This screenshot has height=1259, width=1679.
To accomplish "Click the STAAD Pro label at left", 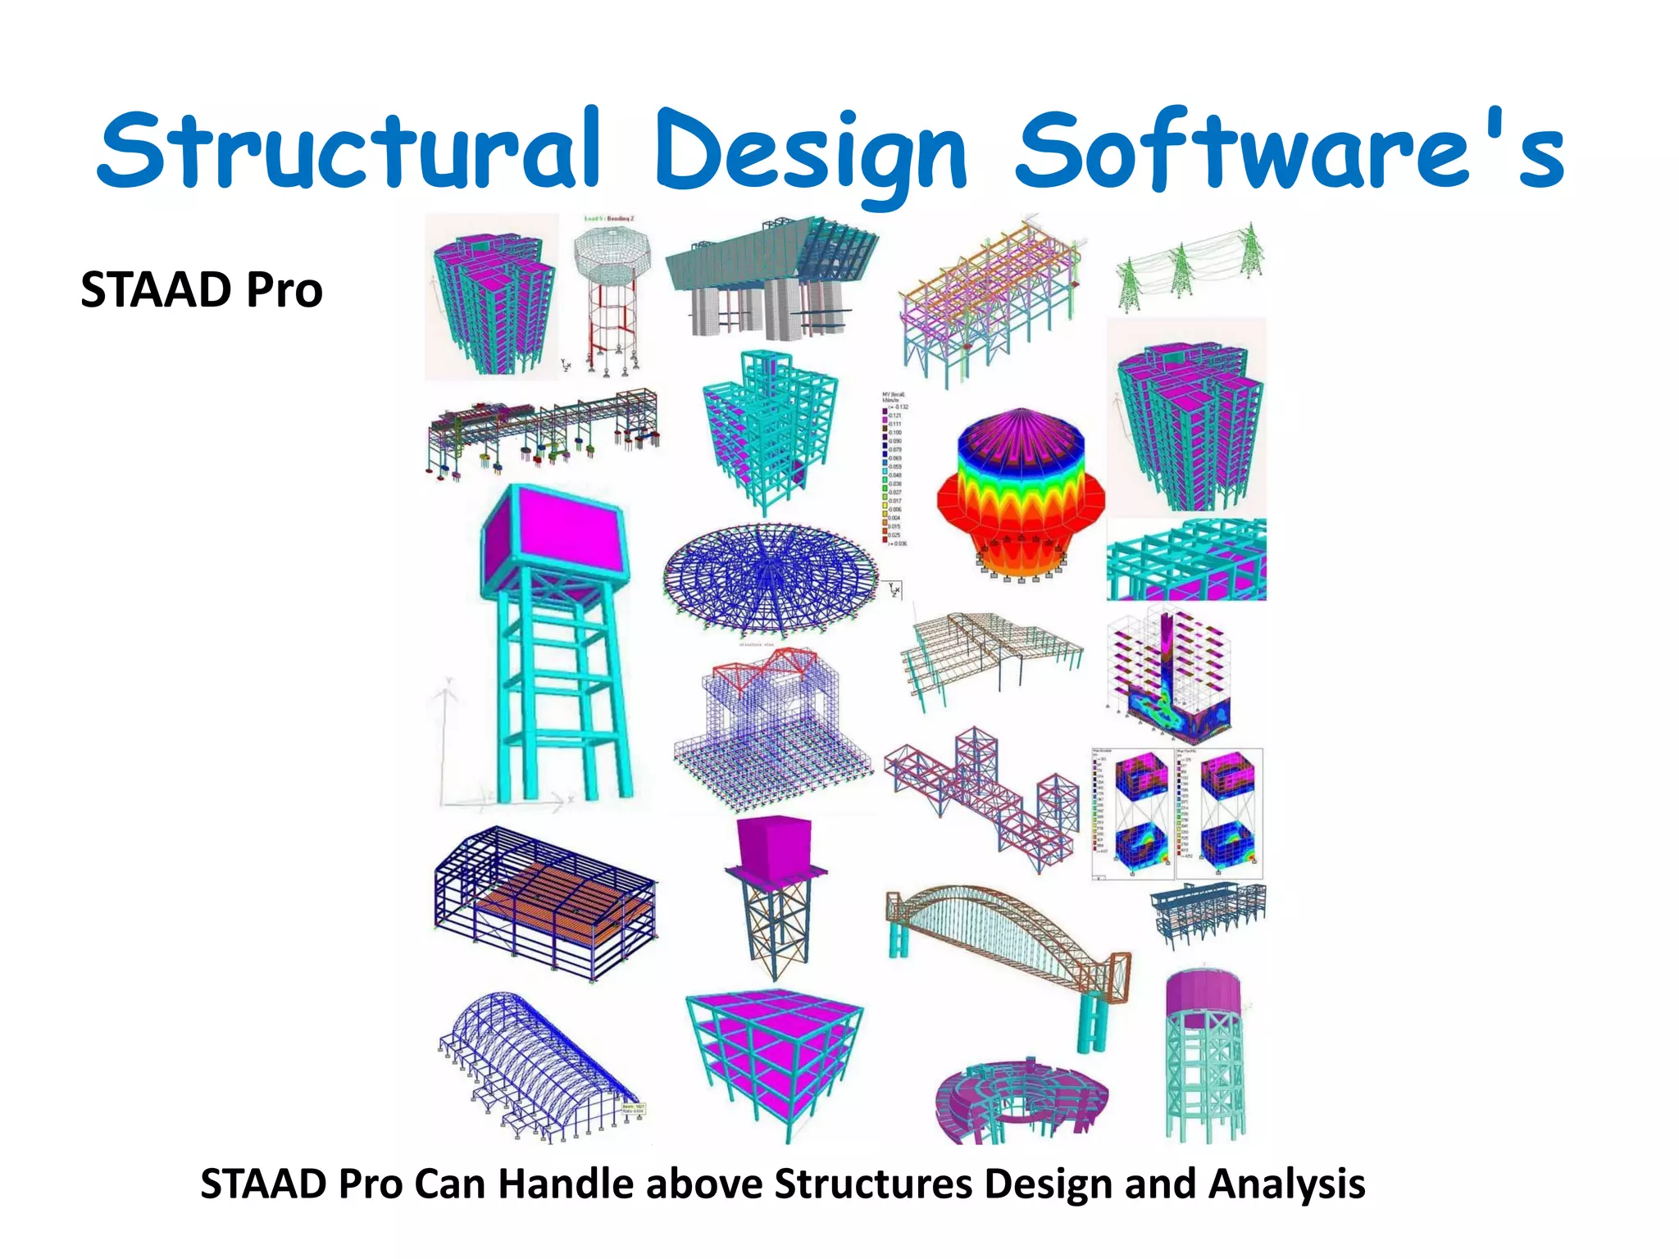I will tap(202, 290).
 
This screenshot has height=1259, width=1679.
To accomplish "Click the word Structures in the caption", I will tap(874, 1184).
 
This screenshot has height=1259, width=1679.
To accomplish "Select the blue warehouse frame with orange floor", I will tap(545, 902).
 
